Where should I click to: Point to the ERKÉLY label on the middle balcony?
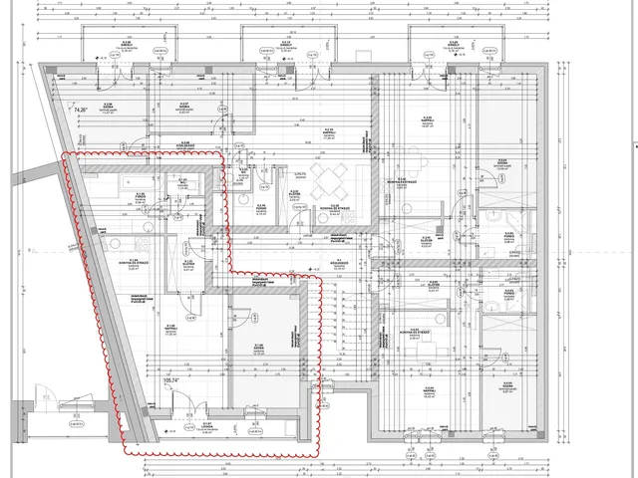pos(284,45)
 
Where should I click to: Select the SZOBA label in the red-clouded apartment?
pos(258,347)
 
